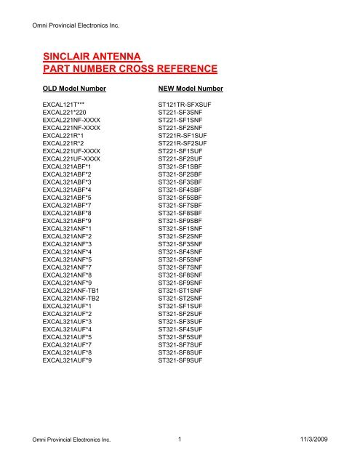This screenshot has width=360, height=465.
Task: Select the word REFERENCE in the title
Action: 181,70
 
